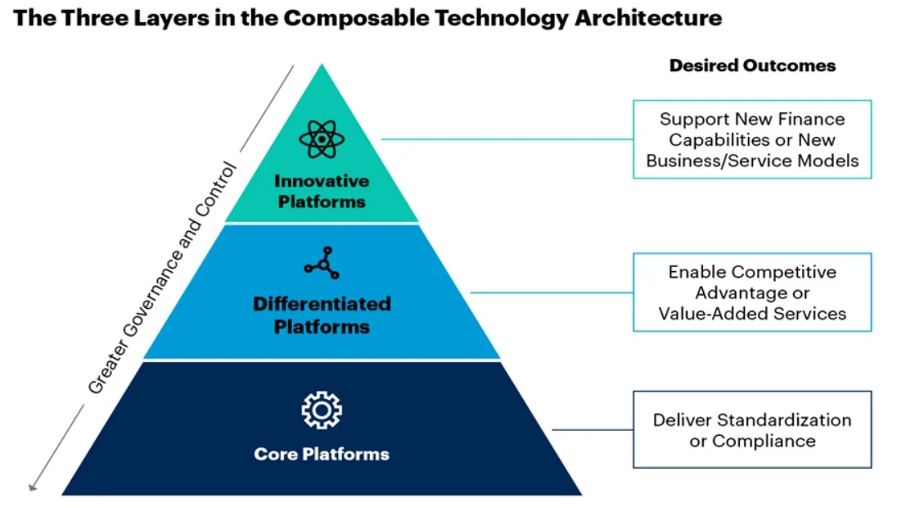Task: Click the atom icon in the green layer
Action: tap(322, 139)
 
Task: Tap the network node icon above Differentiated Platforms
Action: tap(321, 261)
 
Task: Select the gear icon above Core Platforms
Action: tap(322, 410)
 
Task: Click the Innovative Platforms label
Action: tap(322, 190)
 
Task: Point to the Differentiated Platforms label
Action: tap(322, 315)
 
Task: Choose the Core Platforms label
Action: tap(322, 454)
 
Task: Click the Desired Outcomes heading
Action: tap(752, 66)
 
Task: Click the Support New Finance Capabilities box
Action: tap(752, 139)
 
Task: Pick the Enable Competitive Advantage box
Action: tap(752, 293)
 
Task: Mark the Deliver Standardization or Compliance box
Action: tap(752, 429)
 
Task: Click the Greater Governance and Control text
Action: tap(162, 279)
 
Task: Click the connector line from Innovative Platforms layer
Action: tap(507, 139)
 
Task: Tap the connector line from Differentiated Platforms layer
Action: tap(552, 293)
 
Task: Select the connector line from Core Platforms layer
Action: tap(593, 429)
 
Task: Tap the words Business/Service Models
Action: tap(752, 161)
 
